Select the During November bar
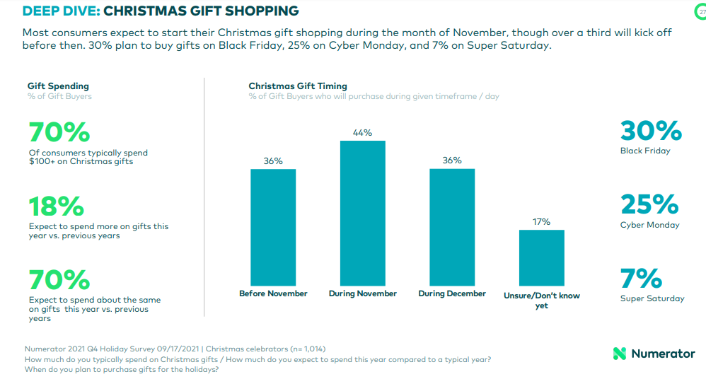click(x=363, y=212)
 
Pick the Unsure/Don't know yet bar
click(x=541, y=257)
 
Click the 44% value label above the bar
click(x=363, y=132)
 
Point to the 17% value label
click(x=541, y=221)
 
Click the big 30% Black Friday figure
click(x=651, y=131)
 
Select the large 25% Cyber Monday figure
click(x=649, y=205)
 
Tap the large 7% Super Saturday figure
click(x=641, y=279)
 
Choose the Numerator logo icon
click(x=620, y=354)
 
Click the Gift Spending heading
click(x=58, y=86)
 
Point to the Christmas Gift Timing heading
click(x=298, y=86)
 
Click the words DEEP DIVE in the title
click(x=59, y=11)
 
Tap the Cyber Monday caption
click(x=649, y=225)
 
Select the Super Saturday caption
click(x=652, y=298)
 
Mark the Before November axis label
click(x=273, y=293)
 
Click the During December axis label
click(x=452, y=293)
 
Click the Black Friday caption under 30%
click(x=645, y=151)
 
